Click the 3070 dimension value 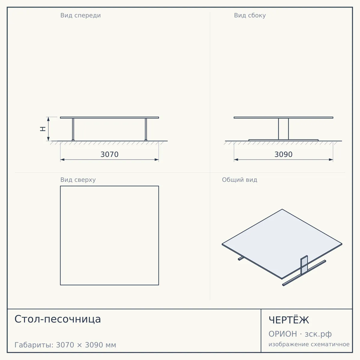109,154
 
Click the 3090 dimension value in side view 283,154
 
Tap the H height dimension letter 43,129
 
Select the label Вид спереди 80,15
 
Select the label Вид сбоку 250,15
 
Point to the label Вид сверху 78,180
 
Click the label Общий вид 239,180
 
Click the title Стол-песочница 58,319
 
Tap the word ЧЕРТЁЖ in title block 289,320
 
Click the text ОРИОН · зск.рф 300,334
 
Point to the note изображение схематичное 309,344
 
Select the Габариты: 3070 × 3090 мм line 65,345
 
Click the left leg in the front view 73,130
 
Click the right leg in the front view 146,130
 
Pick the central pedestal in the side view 283,129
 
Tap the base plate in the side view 283,140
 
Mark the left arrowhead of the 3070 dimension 62,160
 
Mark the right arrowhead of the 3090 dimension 331,160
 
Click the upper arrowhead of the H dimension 48,119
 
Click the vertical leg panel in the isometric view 304,265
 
